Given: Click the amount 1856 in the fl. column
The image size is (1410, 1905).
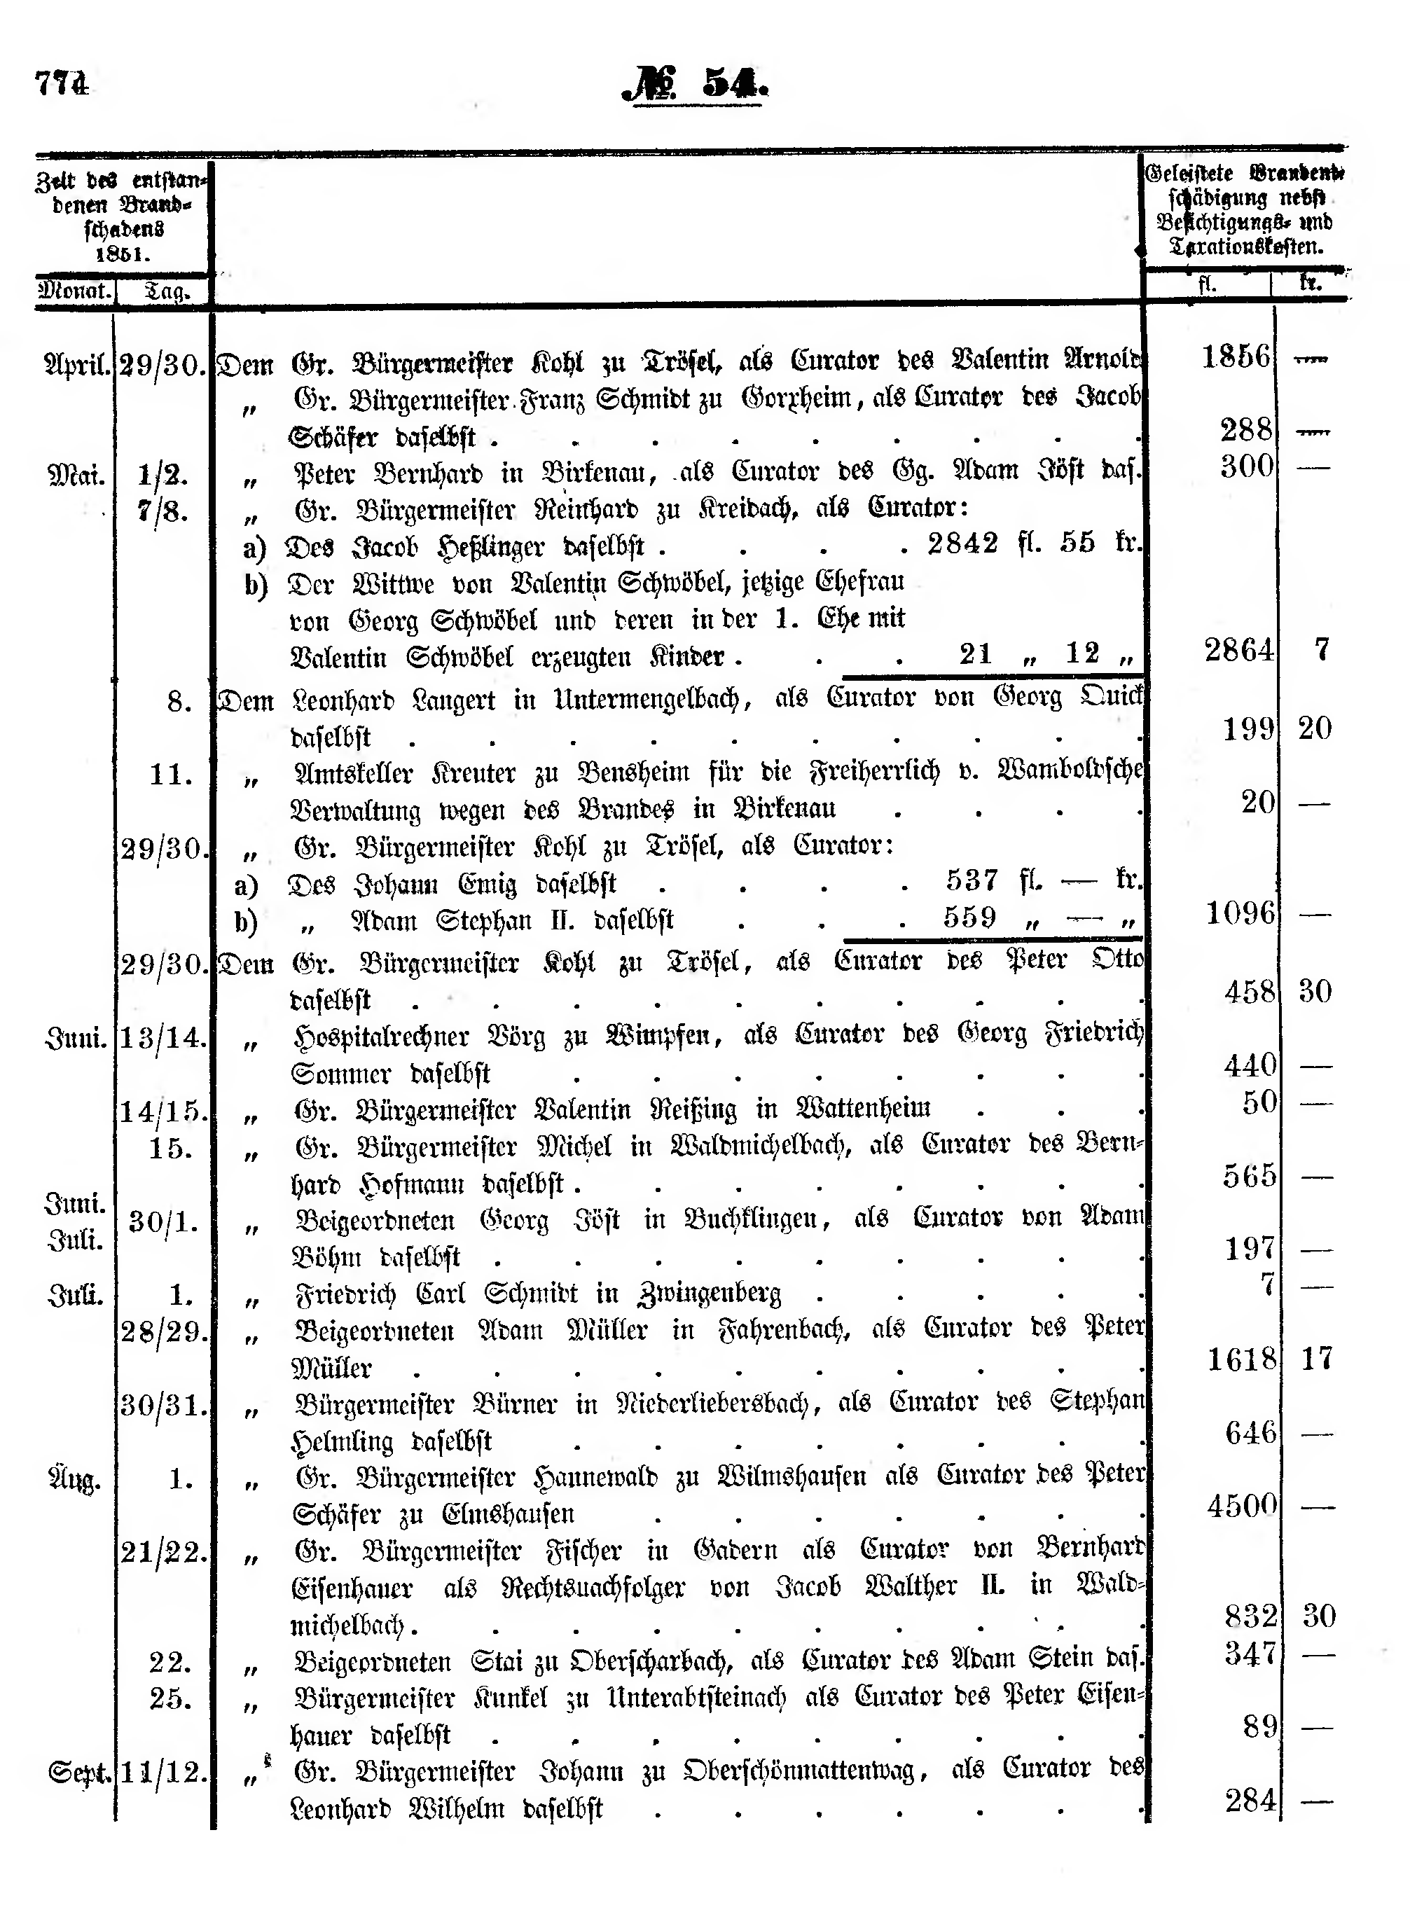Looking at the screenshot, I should tap(1236, 356).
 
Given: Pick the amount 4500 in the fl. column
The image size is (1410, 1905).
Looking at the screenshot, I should tap(1242, 1504).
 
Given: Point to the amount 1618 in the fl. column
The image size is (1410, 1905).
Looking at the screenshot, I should tap(1242, 1358).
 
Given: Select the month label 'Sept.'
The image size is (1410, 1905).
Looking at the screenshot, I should tap(79, 1773).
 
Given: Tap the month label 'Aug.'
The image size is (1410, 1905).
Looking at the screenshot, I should tap(75, 1479).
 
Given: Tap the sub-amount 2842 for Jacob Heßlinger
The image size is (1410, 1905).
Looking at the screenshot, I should tap(962, 543).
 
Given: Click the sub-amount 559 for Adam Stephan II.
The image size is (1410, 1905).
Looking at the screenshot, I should tap(969, 917).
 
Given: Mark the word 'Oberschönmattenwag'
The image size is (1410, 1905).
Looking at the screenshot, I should tap(805, 1772).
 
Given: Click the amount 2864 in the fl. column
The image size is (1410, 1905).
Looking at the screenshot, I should tap(1238, 651).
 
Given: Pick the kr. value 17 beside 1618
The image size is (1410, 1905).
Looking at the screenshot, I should tap(1316, 1358).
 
